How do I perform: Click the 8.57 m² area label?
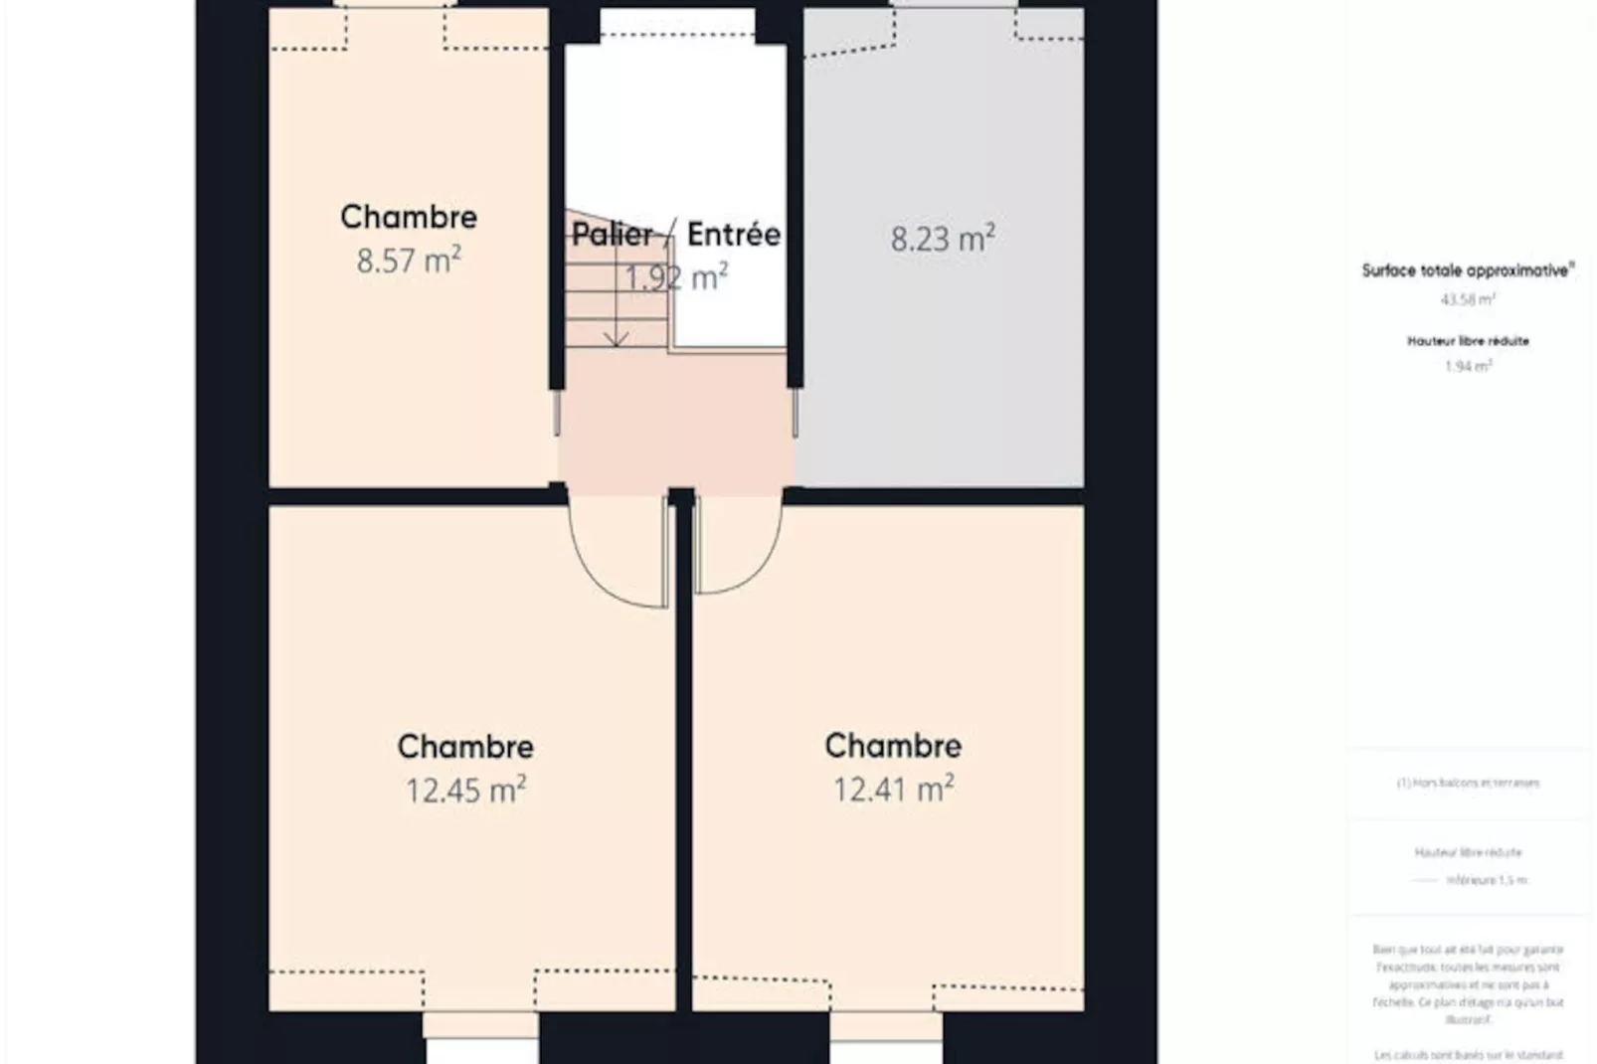coord(409,261)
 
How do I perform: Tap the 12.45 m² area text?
coord(465,790)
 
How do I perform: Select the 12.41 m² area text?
coord(893,789)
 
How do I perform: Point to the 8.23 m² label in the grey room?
coord(942,239)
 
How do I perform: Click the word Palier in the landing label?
coord(613,234)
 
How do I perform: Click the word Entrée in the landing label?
coord(734,234)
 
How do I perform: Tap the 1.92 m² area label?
coord(676,277)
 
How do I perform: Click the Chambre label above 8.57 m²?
coord(409,217)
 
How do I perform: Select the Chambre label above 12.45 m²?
coord(465,746)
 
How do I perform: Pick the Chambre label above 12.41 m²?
coord(893,745)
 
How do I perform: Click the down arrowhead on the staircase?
coord(617,340)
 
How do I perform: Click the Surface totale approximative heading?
coord(1468,270)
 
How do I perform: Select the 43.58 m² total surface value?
coord(1468,299)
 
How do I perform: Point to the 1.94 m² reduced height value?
coord(1468,366)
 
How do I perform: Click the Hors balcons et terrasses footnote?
coord(1468,783)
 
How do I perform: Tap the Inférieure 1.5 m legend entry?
coord(1486,880)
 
